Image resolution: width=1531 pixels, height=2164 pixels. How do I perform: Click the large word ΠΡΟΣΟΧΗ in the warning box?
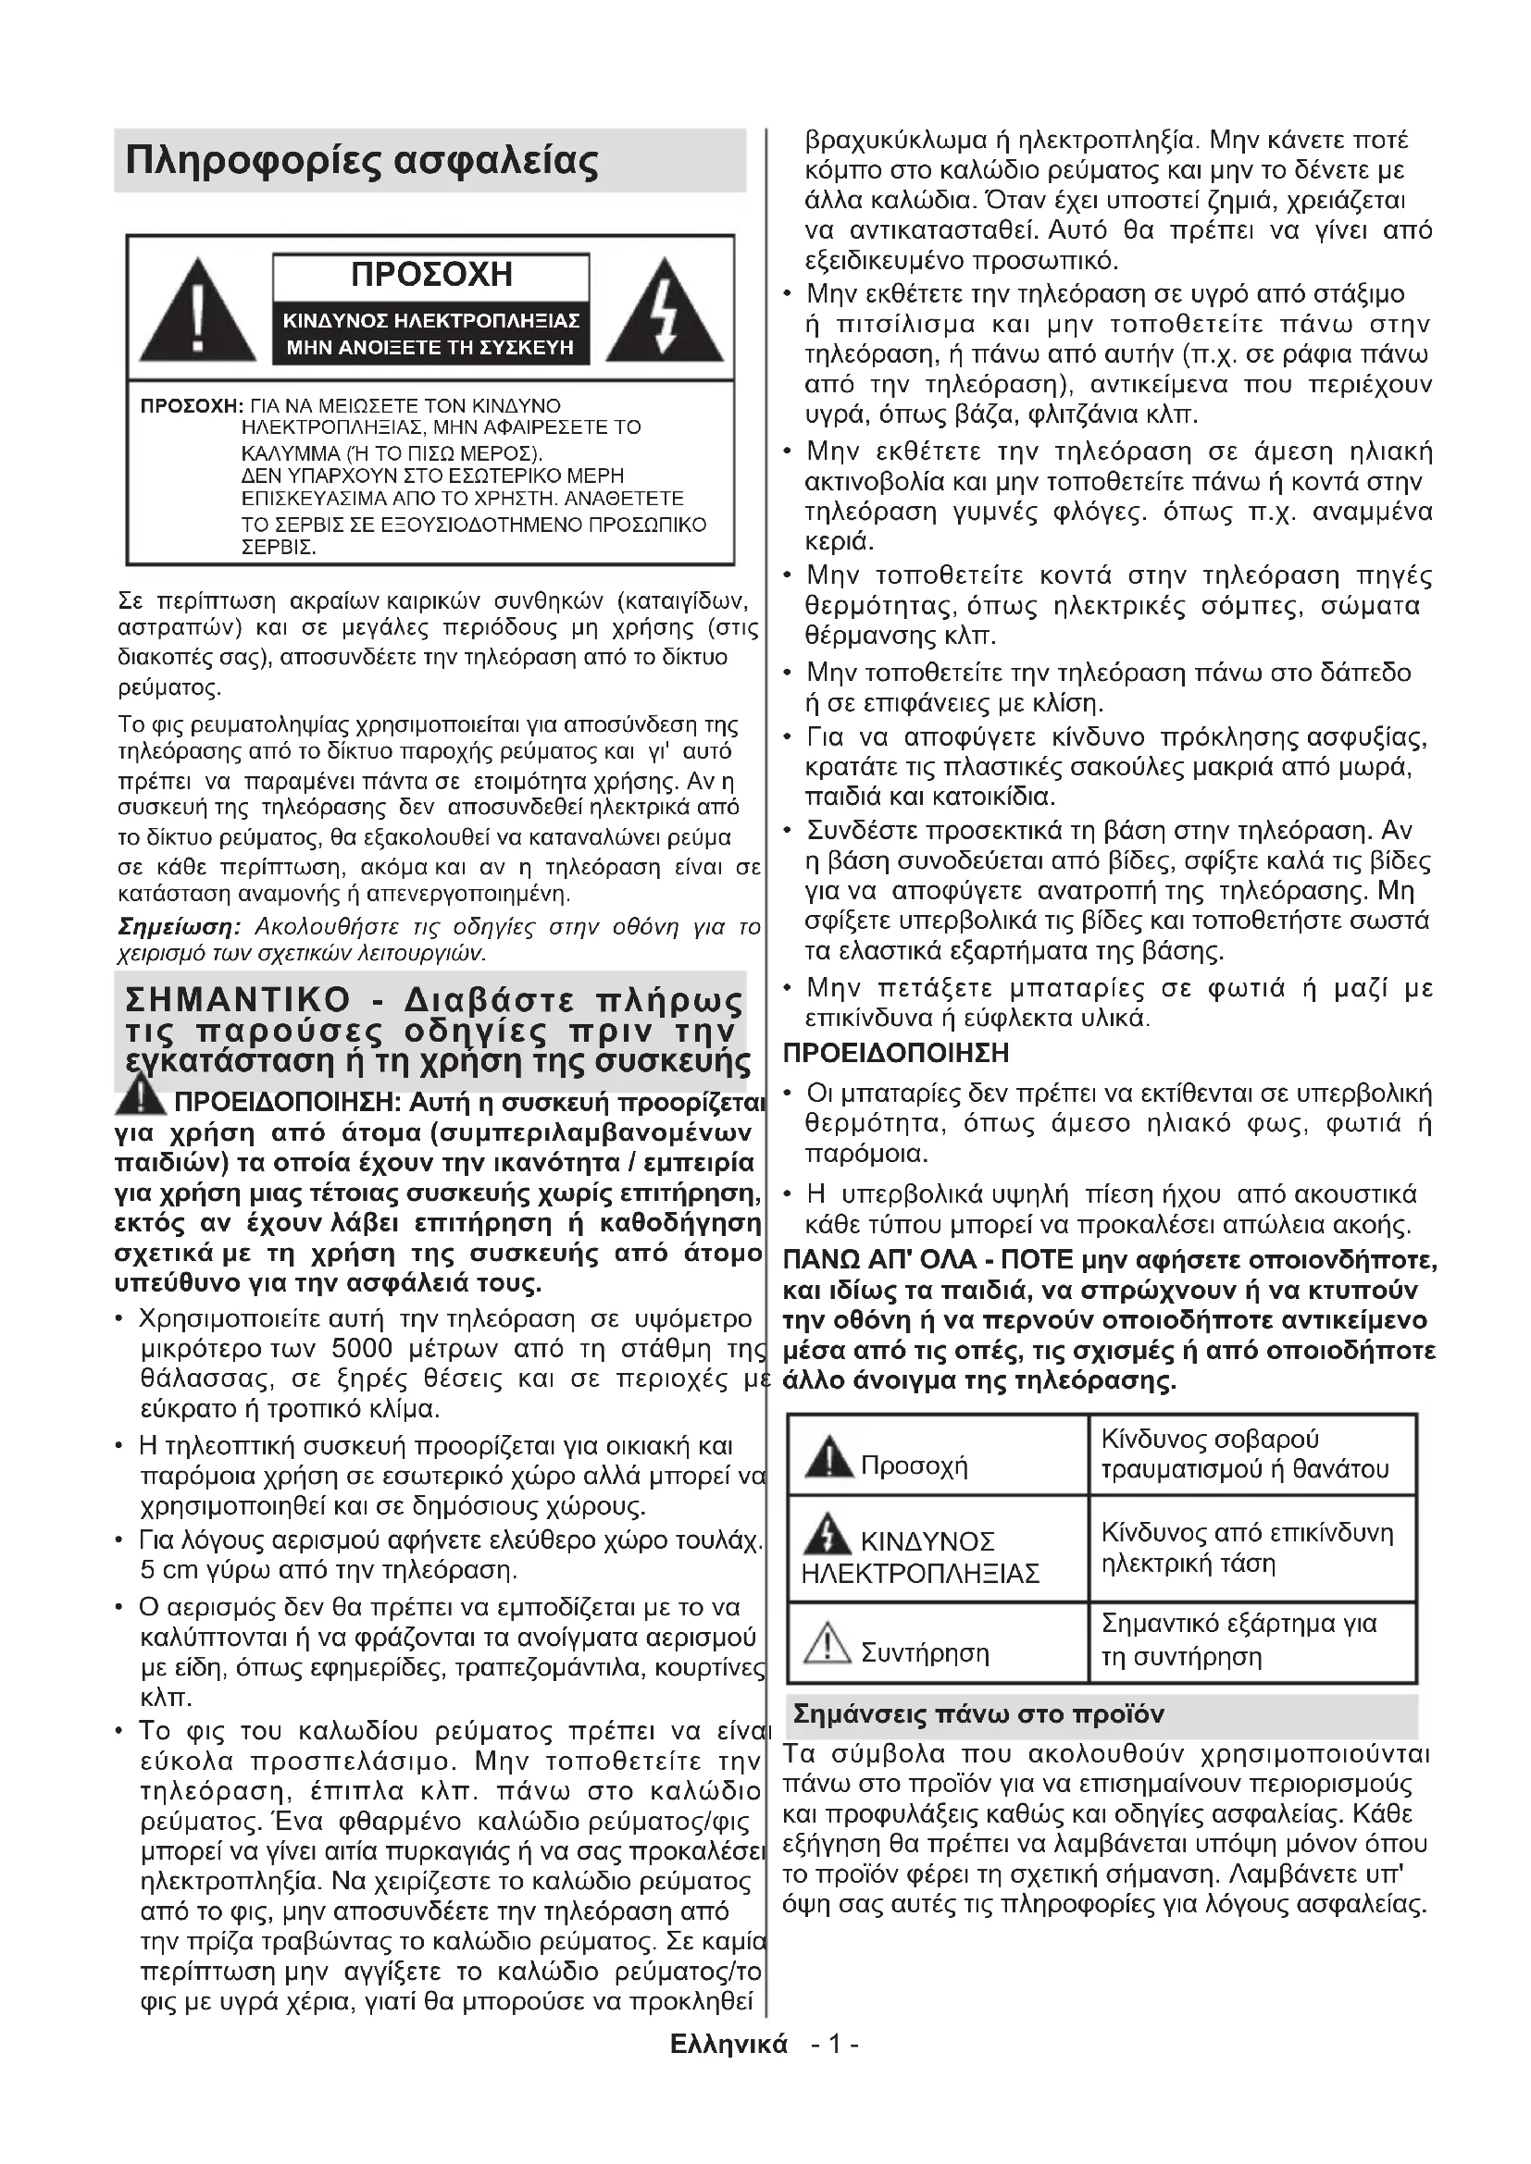(x=430, y=275)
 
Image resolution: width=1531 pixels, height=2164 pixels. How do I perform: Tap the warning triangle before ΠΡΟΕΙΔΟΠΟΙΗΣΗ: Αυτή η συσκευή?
(x=142, y=1095)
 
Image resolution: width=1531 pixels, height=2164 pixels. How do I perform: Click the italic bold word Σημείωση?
(x=180, y=927)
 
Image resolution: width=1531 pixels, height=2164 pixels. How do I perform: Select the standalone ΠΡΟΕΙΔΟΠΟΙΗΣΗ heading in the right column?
(x=896, y=1053)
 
